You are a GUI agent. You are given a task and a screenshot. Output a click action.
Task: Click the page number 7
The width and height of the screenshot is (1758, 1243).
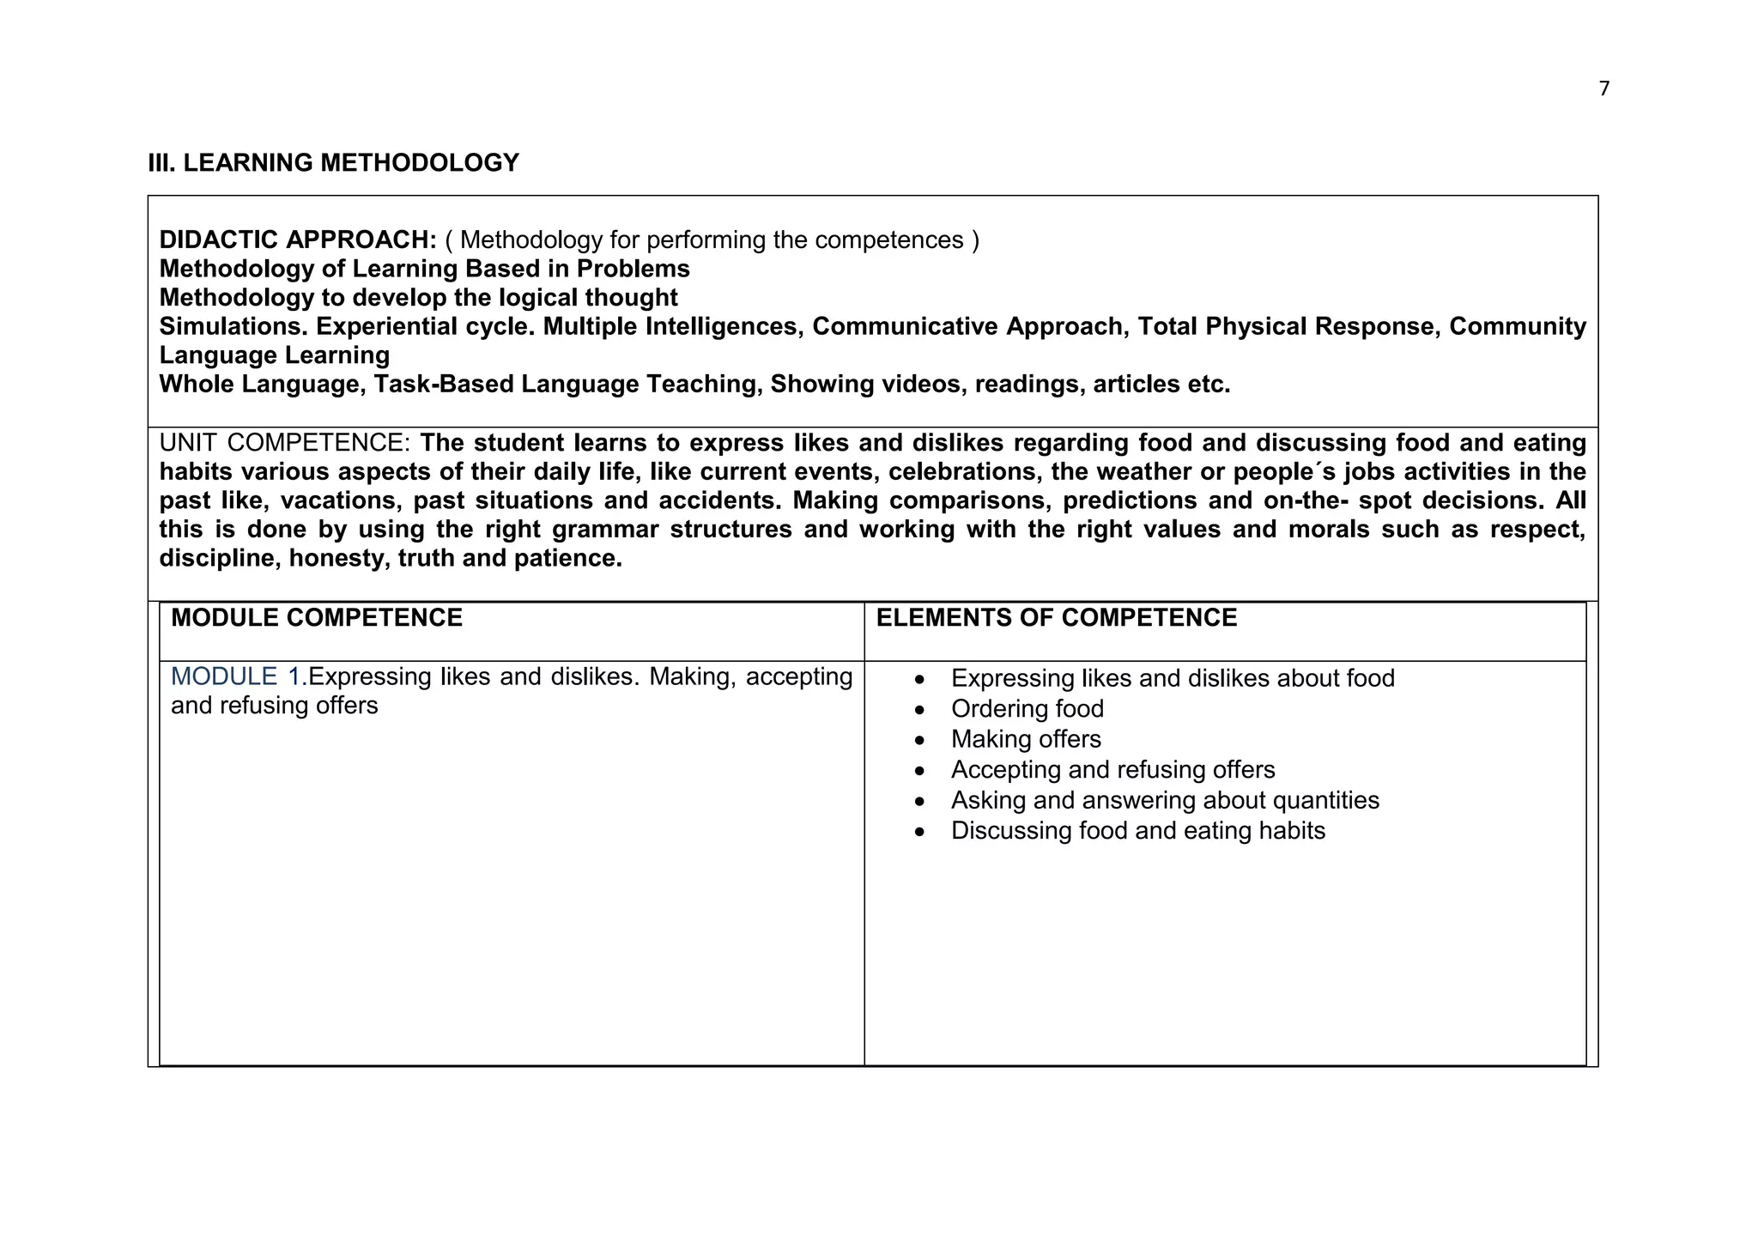pyautogui.click(x=1604, y=88)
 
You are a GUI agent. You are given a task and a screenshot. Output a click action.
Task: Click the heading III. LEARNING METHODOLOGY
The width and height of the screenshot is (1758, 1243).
pyautogui.click(x=333, y=162)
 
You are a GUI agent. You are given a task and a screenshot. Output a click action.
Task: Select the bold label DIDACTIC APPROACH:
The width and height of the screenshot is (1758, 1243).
pyautogui.click(x=298, y=240)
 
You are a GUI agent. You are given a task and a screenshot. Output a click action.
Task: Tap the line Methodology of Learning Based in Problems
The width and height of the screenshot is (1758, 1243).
pyautogui.click(x=424, y=269)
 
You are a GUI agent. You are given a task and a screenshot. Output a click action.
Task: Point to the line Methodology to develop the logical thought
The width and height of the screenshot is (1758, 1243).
pyautogui.click(x=418, y=298)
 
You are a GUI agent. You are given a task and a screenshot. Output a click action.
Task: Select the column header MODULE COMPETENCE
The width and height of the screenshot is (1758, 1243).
pyautogui.click(x=316, y=618)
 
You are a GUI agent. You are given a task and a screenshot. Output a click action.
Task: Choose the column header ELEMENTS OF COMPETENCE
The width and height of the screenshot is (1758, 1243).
pyautogui.click(x=1056, y=618)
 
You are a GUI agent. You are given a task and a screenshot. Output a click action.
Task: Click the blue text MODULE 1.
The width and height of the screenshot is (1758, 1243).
pyautogui.click(x=239, y=676)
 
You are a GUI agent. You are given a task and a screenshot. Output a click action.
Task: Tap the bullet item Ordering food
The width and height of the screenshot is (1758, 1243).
pyautogui.click(x=1027, y=709)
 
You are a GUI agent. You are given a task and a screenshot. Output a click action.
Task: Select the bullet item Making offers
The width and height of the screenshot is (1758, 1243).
pyautogui.click(x=1025, y=739)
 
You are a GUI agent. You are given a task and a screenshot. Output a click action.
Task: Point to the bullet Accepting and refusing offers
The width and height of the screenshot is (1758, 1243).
pyautogui.click(x=1112, y=770)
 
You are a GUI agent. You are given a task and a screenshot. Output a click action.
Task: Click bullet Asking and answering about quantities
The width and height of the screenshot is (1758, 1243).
pyautogui.click(x=1165, y=800)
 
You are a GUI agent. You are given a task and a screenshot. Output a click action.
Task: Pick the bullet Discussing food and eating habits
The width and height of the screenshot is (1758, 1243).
pyautogui.click(x=1137, y=831)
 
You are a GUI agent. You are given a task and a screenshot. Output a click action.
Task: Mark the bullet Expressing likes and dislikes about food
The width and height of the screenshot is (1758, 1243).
pyautogui.click(x=1173, y=678)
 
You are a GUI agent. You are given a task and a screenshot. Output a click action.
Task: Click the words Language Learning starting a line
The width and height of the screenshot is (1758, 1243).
pyautogui.click(x=275, y=355)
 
